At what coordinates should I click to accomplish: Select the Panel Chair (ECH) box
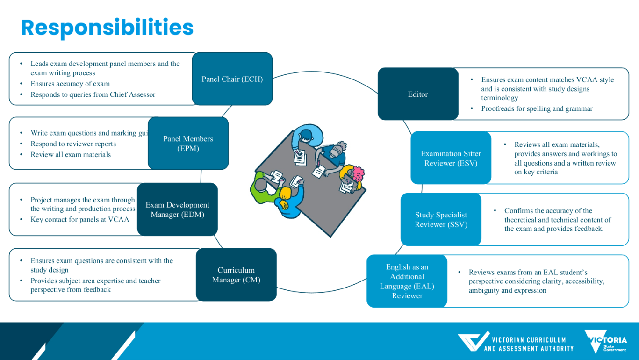(232, 79)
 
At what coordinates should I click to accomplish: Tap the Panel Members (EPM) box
(188, 144)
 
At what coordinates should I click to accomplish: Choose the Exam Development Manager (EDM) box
(177, 209)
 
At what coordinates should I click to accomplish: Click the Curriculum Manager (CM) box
(236, 275)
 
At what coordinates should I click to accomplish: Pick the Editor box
(417, 94)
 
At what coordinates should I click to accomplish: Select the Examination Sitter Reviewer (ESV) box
(451, 158)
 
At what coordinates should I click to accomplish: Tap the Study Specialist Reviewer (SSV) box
(441, 219)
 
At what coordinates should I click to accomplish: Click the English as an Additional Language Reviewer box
(407, 281)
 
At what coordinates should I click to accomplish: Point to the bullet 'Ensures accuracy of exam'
(70, 84)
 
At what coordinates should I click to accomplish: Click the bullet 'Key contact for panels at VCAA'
(80, 219)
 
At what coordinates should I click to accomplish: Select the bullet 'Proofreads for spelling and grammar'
(537, 108)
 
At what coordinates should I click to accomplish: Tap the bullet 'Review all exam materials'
(71, 154)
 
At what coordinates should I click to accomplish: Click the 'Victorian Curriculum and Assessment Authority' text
(528, 344)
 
